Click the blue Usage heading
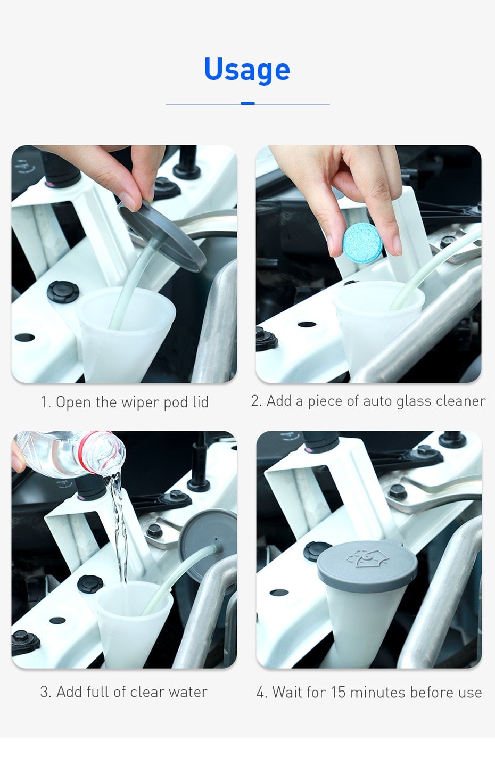coord(247,70)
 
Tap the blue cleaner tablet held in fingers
coord(363,243)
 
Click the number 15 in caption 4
coord(338,693)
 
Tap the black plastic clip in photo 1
coord(63,292)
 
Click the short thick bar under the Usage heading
coord(247,103)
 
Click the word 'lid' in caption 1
coord(201,402)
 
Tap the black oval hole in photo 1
coord(24,338)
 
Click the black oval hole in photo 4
coord(279,593)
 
